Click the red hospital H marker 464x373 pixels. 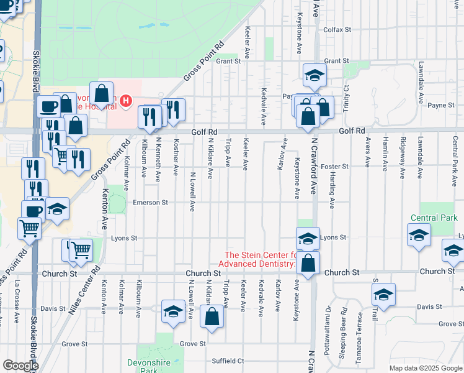coord(126,99)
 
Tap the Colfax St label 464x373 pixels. coord(337,29)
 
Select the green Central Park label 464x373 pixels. coord(434,218)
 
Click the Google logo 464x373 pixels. coord(20,366)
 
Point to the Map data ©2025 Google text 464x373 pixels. coord(425,368)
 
